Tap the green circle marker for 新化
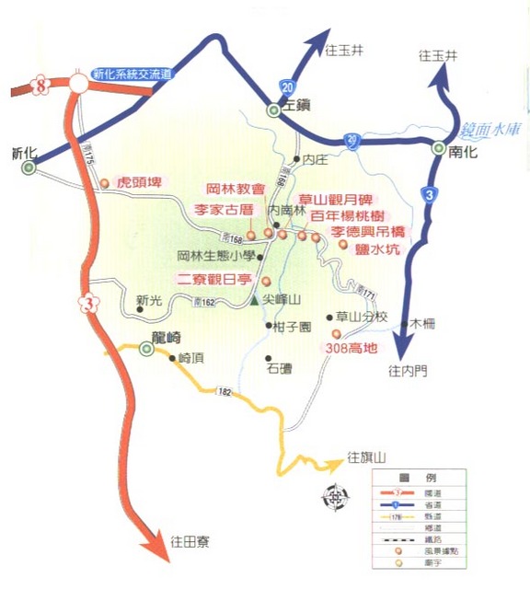[x=29, y=168]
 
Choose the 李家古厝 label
[x=223, y=210]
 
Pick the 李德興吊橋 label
[x=368, y=230]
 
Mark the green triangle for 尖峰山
[x=255, y=300]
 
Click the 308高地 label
[x=351, y=349]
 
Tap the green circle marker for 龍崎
[x=146, y=350]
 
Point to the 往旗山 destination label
[x=368, y=456]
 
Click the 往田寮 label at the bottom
[x=190, y=541]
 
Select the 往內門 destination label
[x=408, y=371]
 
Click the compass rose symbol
[x=335, y=497]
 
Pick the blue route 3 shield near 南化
[x=429, y=194]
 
